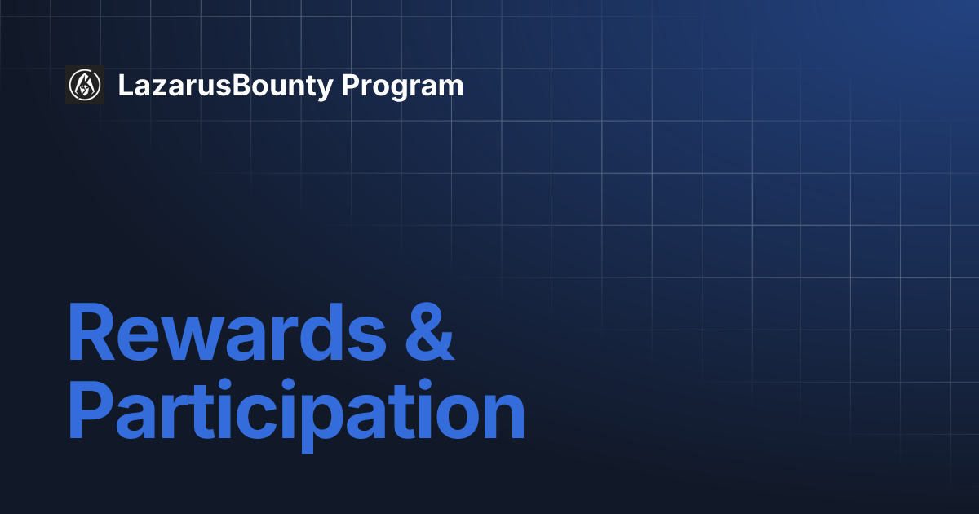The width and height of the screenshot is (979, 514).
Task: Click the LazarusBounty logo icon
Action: (x=85, y=85)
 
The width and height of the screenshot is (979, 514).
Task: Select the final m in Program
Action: (x=450, y=88)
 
